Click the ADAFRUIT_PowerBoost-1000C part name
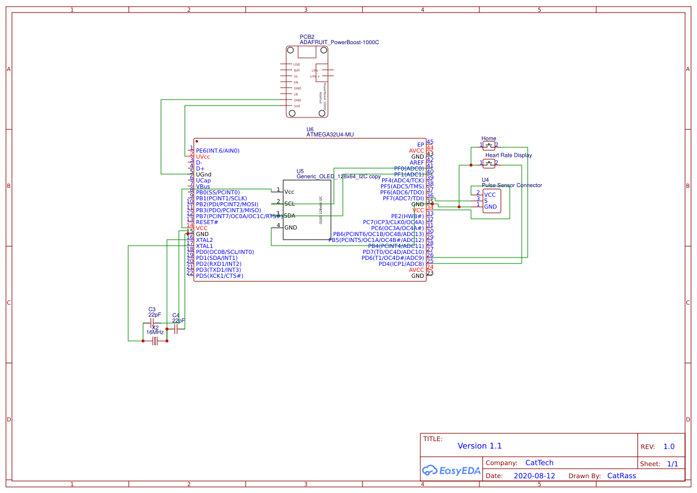[x=339, y=42]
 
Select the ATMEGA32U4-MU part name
[x=330, y=135]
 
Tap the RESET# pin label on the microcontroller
[x=207, y=222]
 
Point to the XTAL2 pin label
[x=204, y=240]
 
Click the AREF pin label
[x=417, y=163]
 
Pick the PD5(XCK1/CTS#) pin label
[x=219, y=275]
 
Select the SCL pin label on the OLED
[x=289, y=204]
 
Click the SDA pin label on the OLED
[x=289, y=216]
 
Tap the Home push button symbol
[x=489, y=145]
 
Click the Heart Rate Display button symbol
[x=489, y=163]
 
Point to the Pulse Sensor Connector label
[x=512, y=185]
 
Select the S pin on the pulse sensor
[x=485, y=200]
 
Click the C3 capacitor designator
[x=152, y=309]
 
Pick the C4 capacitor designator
[x=175, y=315]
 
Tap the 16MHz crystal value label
[x=155, y=332]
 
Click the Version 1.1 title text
[x=479, y=446]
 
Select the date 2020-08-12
[x=534, y=476]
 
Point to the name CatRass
[x=621, y=476]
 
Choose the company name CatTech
[x=539, y=463]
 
